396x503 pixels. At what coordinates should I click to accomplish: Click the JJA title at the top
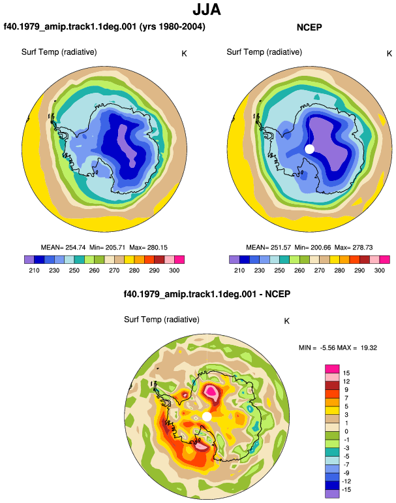pos(207,10)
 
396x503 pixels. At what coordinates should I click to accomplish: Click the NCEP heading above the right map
pos(309,27)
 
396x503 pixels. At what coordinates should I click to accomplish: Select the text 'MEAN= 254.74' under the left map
pos(63,248)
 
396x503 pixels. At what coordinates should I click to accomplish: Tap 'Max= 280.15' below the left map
pos(148,248)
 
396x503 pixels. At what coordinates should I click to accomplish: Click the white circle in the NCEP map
pos(309,149)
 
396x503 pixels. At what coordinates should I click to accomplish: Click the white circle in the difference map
pos(207,417)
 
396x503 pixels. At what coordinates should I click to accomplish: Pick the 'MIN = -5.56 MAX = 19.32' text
pos(338,348)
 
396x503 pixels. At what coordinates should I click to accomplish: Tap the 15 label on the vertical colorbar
pos(346,373)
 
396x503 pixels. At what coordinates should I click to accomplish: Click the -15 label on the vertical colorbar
pos(346,490)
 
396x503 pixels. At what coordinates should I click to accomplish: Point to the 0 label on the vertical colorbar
pos(346,431)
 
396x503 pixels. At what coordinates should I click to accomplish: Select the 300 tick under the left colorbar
pos(174,270)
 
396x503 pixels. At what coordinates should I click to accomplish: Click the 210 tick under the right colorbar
pos(239,270)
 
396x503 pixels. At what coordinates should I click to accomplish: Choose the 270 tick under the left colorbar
pos(114,270)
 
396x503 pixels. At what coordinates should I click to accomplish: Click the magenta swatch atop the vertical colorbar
pos(332,369)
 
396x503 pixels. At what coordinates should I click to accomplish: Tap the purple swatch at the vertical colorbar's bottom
pos(332,494)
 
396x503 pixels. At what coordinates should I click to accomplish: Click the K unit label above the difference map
pos(287,321)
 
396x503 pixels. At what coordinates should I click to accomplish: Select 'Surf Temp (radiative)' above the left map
pos(59,52)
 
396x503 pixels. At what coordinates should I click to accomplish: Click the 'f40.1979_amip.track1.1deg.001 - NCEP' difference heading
pos(207,294)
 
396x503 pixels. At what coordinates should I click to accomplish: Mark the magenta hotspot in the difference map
pos(211,391)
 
